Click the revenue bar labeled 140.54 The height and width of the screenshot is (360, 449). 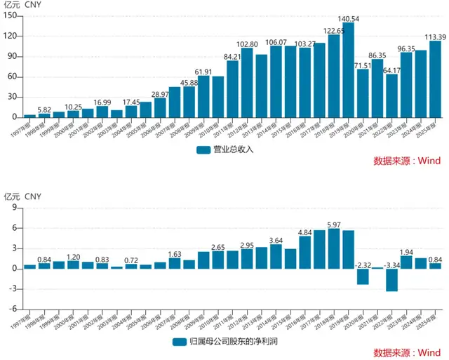tap(348, 70)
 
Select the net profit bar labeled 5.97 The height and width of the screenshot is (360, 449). tap(333, 248)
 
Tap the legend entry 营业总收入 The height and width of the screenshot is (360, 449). tap(224, 149)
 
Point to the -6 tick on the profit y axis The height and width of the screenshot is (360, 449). tap(13, 309)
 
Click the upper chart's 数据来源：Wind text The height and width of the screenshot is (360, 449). tap(407, 161)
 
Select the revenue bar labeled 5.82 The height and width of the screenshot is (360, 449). tap(44, 115)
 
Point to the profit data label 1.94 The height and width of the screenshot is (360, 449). tap(406, 251)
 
